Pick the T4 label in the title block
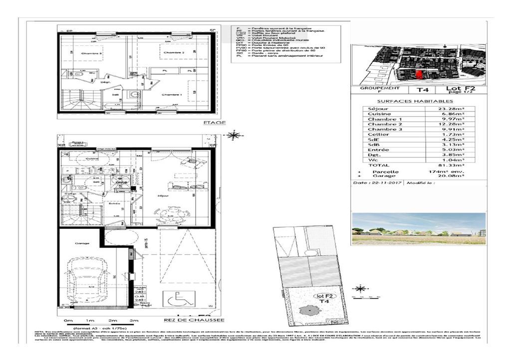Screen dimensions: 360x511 pyautogui.click(x=423, y=90)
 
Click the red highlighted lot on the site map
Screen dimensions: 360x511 pyautogui.click(x=419, y=75)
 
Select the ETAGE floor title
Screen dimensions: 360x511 pyautogui.click(x=215, y=122)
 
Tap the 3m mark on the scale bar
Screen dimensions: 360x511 pyautogui.click(x=133, y=320)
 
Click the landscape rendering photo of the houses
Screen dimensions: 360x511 pyautogui.click(x=418, y=228)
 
